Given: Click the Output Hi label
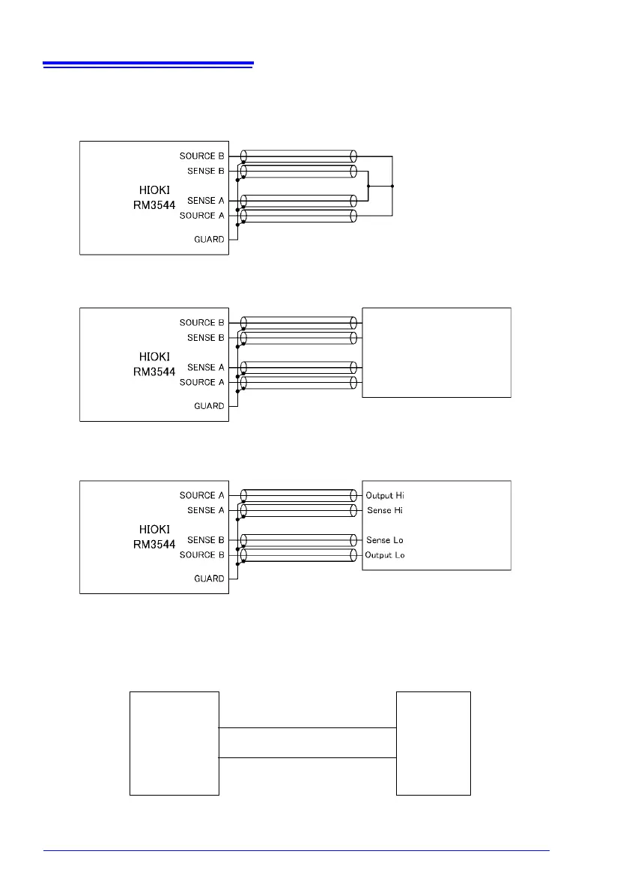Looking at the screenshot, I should click(x=385, y=496).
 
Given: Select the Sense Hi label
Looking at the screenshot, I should click(x=384, y=510).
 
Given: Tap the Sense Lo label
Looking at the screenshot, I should click(x=384, y=540).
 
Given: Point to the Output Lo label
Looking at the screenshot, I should click(x=385, y=555).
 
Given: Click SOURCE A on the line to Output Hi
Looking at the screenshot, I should click(x=201, y=495).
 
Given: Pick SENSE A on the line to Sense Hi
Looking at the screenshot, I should click(x=205, y=510).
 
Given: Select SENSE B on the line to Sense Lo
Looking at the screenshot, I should click(x=205, y=540).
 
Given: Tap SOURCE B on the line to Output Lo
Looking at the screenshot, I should click(x=201, y=555).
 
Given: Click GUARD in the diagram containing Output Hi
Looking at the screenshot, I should click(x=210, y=578).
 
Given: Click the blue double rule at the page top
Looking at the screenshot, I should click(x=148, y=65).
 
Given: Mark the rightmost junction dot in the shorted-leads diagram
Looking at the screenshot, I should click(x=392, y=186).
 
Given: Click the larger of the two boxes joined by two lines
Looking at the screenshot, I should click(x=174, y=742).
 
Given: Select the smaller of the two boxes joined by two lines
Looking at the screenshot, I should click(x=434, y=742).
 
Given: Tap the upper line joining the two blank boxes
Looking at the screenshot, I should click(x=307, y=727).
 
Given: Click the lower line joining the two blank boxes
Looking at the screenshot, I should click(x=307, y=757).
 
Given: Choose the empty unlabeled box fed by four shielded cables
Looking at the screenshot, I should click(x=437, y=352).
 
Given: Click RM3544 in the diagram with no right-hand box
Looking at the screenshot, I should click(x=154, y=205).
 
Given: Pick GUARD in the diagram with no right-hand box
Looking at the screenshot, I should click(x=210, y=239).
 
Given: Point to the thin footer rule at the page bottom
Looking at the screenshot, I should click(x=296, y=850).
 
